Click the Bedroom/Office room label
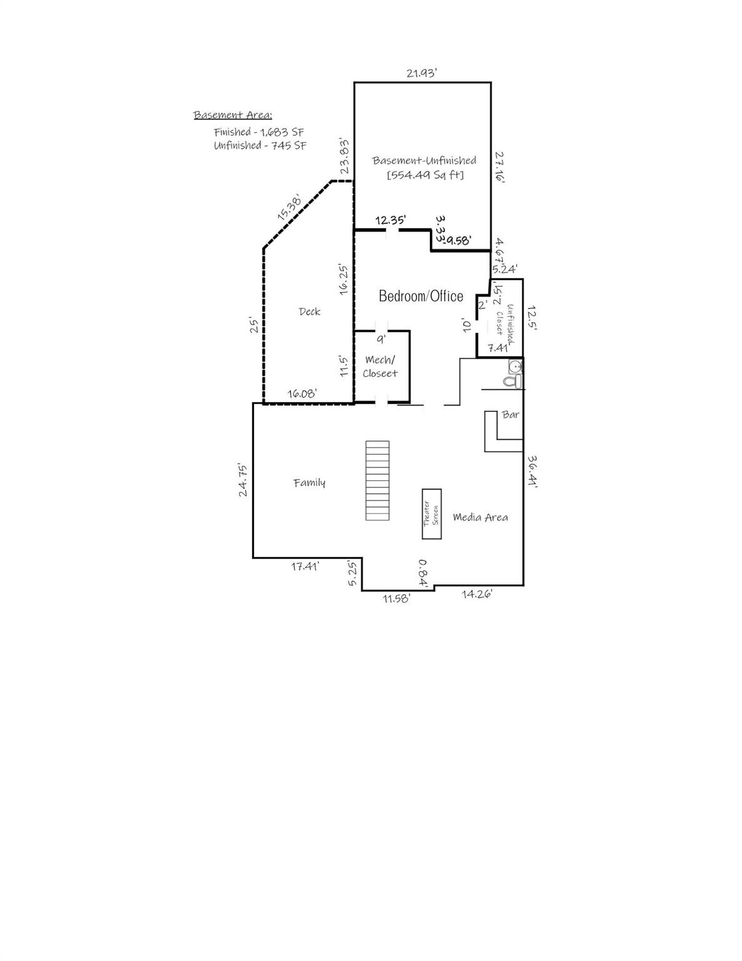(x=421, y=297)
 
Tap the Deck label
(x=309, y=312)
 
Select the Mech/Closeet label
(x=380, y=367)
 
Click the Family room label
(x=309, y=482)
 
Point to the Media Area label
(x=480, y=517)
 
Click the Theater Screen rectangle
(x=432, y=514)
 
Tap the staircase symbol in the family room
(x=377, y=480)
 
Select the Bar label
(x=511, y=415)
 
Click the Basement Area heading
(x=233, y=115)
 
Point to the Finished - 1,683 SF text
(x=258, y=132)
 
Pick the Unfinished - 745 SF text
(x=260, y=146)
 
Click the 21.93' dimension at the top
(x=421, y=73)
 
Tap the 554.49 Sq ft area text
(x=425, y=175)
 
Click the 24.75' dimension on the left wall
(x=243, y=480)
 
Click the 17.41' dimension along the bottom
(x=305, y=566)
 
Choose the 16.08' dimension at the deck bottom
(x=302, y=394)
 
